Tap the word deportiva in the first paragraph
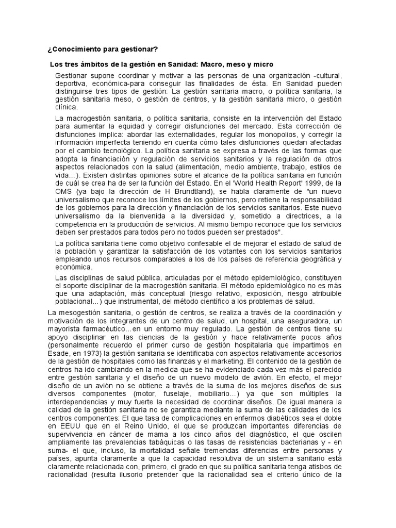point(72,84)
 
